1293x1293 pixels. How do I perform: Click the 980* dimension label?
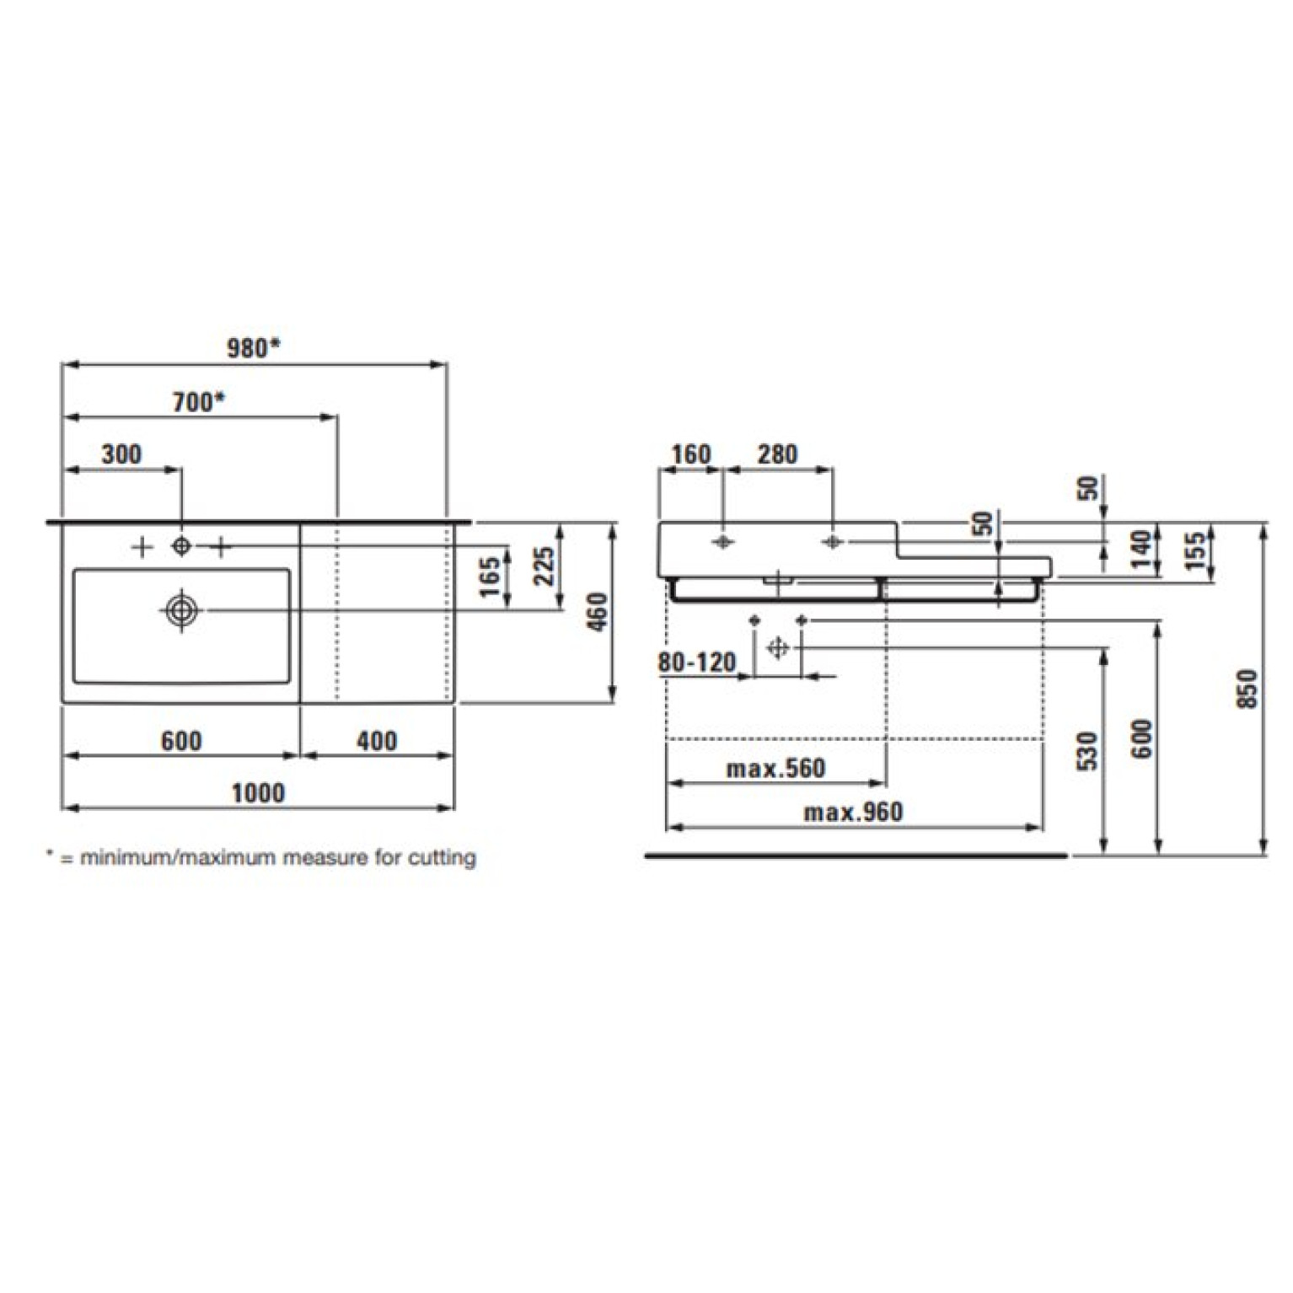pyautogui.click(x=253, y=347)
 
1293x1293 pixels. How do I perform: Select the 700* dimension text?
pyautogui.click(x=199, y=402)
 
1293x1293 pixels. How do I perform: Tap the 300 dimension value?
pyautogui.click(x=121, y=454)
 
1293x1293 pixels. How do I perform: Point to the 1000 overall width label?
pyautogui.click(x=258, y=793)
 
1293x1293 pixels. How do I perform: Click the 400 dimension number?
pyautogui.click(x=377, y=741)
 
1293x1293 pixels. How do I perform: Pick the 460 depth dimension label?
pyautogui.click(x=597, y=612)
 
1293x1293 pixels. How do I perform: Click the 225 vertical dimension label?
pyautogui.click(x=545, y=566)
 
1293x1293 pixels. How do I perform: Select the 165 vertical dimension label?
pyautogui.click(x=490, y=577)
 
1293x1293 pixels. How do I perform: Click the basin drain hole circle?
pyautogui.click(x=181, y=609)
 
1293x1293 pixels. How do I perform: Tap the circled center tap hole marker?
pyautogui.click(x=181, y=546)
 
